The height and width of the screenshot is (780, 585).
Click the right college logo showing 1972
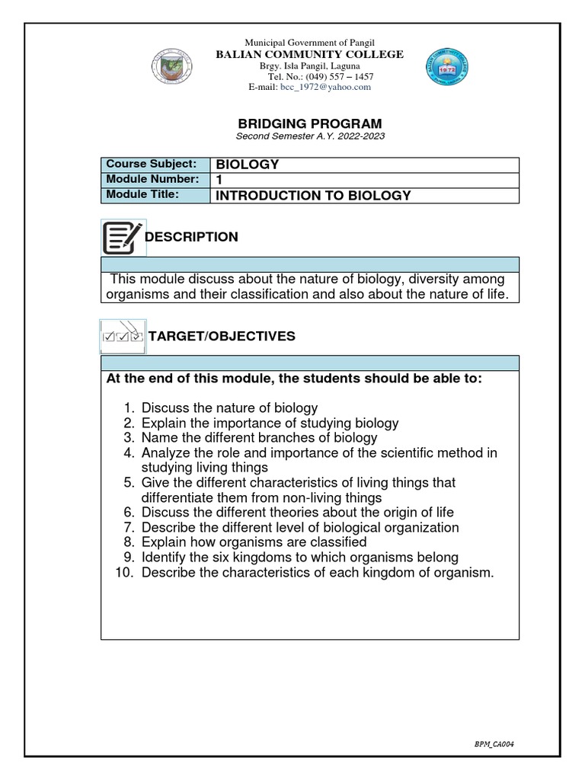click(x=448, y=69)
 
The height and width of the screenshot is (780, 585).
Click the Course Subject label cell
click(x=155, y=165)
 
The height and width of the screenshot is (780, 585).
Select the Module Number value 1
click(x=221, y=180)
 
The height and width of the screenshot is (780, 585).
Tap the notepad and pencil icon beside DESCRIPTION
click(x=121, y=237)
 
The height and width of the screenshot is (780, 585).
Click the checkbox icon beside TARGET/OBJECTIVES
click(x=122, y=335)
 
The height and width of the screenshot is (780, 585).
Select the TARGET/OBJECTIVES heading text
click(x=222, y=337)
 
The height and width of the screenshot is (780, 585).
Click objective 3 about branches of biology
click(x=259, y=437)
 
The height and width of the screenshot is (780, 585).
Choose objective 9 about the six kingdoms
click(x=299, y=557)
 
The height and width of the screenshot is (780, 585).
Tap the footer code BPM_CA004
click(x=500, y=743)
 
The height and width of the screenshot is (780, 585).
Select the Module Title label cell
click(x=155, y=195)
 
